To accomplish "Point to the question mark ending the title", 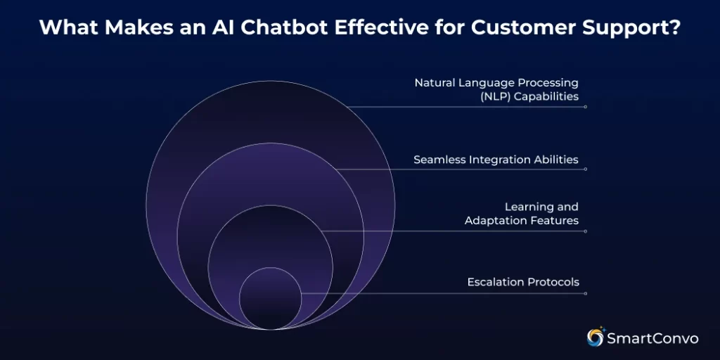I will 674,28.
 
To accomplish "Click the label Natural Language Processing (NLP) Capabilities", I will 496,89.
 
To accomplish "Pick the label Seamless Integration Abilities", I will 496,160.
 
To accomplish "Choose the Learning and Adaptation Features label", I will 522,214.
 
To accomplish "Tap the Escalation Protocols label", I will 523,282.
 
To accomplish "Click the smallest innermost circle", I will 271,299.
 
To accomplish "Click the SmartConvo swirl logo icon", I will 596,337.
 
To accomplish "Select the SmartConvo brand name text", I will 654,338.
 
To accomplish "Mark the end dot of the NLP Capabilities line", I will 585,107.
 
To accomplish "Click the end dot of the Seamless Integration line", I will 585,169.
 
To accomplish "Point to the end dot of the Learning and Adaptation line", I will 585,231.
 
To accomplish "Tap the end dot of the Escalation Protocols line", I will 585,293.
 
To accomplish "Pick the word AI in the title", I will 209,28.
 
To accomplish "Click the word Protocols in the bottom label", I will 552,282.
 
